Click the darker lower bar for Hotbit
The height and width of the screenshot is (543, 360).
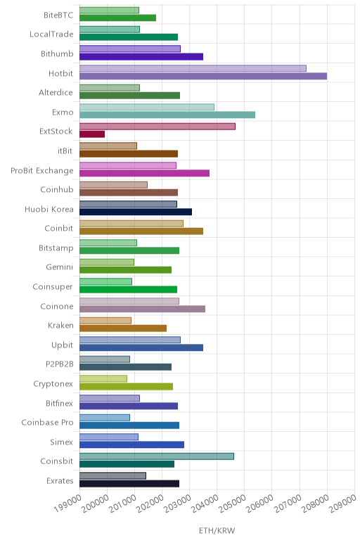click(x=203, y=76)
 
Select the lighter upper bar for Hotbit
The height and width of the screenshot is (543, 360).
click(x=193, y=68)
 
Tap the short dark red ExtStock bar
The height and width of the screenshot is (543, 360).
click(x=92, y=134)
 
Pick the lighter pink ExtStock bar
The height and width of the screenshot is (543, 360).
click(x=157, y=127)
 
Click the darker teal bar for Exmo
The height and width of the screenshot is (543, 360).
click(x=167, y=115)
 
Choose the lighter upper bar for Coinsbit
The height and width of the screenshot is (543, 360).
click(x=157, y=456)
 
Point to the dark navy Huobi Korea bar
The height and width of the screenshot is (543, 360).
click(x=136, y=212)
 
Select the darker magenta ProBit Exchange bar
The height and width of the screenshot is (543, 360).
click(x=144, y=173)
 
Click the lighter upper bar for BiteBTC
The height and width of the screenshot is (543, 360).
click(x=110, y=10)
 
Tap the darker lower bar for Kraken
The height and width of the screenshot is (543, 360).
click(x=123, y=328)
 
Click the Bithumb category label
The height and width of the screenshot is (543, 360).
click(x=57, y=53)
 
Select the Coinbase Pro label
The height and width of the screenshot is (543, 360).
click(x=47, y=423)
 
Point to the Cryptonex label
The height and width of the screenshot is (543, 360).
click(x=53, y=384)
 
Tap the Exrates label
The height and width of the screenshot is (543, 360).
click(x=60, y=480)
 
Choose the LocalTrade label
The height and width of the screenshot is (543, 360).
click(x=51, y=34)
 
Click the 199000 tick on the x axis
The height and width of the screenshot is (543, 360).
click(x=67, y=503)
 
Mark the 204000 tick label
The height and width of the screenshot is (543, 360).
click(x=205, y=503)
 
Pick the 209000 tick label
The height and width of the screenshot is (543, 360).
click(x=342, y=503)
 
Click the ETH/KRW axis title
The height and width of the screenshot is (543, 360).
click(x=217, y=530)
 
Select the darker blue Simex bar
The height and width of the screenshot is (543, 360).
click(x=132, y=445)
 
